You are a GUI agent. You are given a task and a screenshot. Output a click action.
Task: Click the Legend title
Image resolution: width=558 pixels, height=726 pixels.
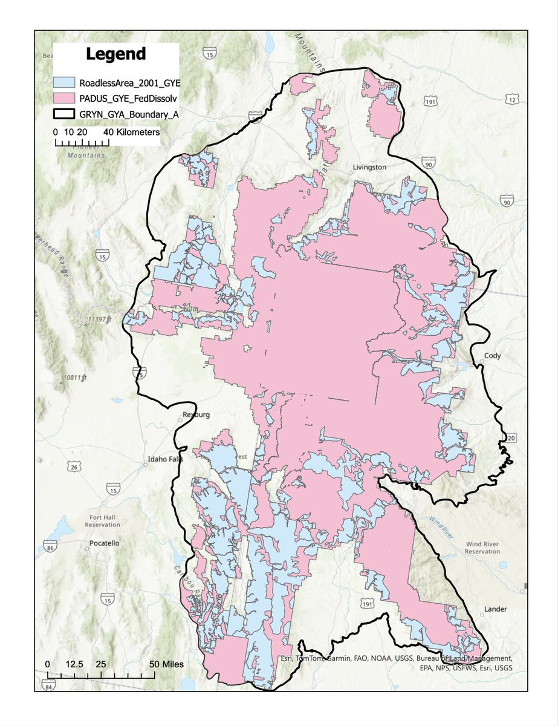tap(115, 54)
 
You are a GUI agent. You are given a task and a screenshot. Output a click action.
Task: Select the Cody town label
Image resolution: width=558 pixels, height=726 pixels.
tap(493, 356)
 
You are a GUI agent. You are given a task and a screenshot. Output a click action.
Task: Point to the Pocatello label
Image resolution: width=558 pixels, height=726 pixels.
tap(104, 543)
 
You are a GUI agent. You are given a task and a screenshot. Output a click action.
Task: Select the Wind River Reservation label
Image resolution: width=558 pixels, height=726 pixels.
tap(482, 548)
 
